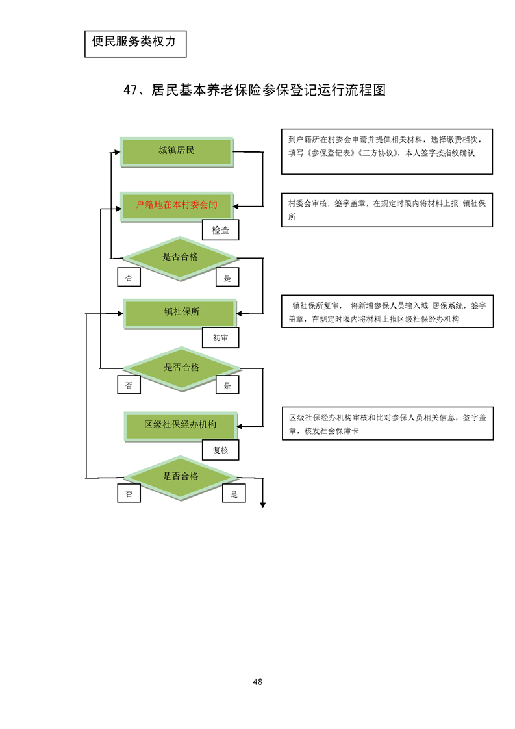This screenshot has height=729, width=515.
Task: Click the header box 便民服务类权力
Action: [135, 42]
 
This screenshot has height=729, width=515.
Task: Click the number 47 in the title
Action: [131, 90]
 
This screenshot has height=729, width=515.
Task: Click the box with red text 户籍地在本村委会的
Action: [177, 205]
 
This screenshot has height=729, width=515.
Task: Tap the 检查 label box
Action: [220, 230]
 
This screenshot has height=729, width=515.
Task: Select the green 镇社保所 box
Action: [181, 313]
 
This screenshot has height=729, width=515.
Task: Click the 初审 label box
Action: [220, 338]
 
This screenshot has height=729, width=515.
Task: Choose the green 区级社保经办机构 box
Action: [181, 425]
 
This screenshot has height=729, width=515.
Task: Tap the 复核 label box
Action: [220, 450]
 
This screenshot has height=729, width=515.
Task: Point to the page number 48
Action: [257, 682]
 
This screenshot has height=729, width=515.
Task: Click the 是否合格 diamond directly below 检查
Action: [181, 257]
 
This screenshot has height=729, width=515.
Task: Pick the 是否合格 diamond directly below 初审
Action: [182, 368]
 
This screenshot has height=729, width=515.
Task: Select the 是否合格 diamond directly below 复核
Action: [181, 477]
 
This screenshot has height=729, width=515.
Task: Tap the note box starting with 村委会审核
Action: [386, 209]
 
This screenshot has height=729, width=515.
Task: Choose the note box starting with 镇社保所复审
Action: [386, 312]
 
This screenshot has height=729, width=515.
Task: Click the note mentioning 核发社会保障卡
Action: [386, 424]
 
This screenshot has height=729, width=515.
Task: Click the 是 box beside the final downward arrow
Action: [234, 494]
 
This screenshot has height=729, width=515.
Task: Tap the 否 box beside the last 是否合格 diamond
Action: [129, 494]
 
